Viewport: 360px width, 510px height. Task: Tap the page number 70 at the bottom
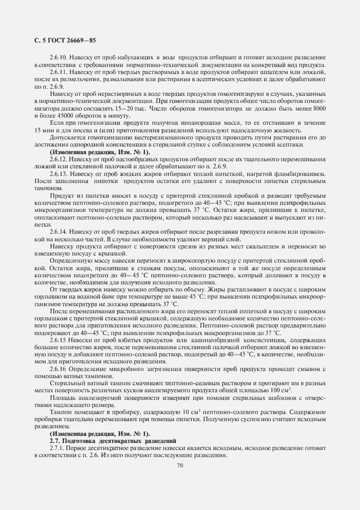(x=180, y=465)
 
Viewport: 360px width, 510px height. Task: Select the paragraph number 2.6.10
(x=58, y=57)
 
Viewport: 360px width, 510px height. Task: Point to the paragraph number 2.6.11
(x=58, y=71)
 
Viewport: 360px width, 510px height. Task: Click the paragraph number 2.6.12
(x=58, y=159)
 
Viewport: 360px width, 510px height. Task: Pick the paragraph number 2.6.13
(x=58, y=173)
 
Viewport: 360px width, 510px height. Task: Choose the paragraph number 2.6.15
(x=58, y=340)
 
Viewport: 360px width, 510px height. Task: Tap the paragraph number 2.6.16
(x=58, y=369)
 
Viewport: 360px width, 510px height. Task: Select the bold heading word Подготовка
(x=82, y=440)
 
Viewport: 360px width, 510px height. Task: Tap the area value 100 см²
(x=279, y=390)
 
